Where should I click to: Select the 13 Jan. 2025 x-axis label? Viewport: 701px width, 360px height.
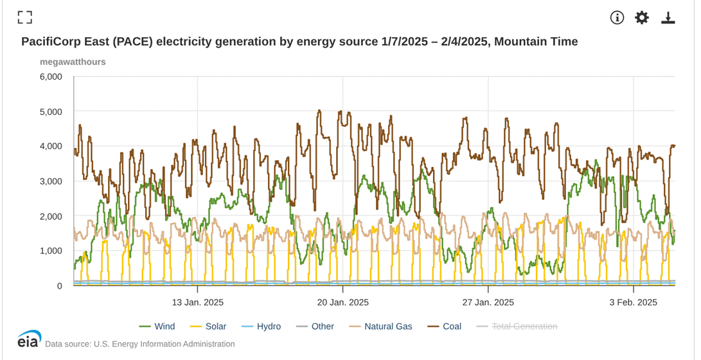[x=197, y=302]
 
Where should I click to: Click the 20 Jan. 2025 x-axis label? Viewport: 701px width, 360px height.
[x=342, y=302]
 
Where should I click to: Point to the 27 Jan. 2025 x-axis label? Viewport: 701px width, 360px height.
[x=488, y=302]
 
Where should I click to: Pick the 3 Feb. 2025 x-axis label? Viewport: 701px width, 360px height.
[x=634, y=302]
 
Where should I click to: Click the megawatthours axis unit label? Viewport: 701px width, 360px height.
[x=73, y=62]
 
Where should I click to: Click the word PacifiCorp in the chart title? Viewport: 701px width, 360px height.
[x=51, y=42]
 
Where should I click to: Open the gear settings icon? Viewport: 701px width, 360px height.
[x=642, y=18]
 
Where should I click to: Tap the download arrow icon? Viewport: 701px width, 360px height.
[x=668, y=18]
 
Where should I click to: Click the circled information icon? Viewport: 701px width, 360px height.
[x=617, y=18]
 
